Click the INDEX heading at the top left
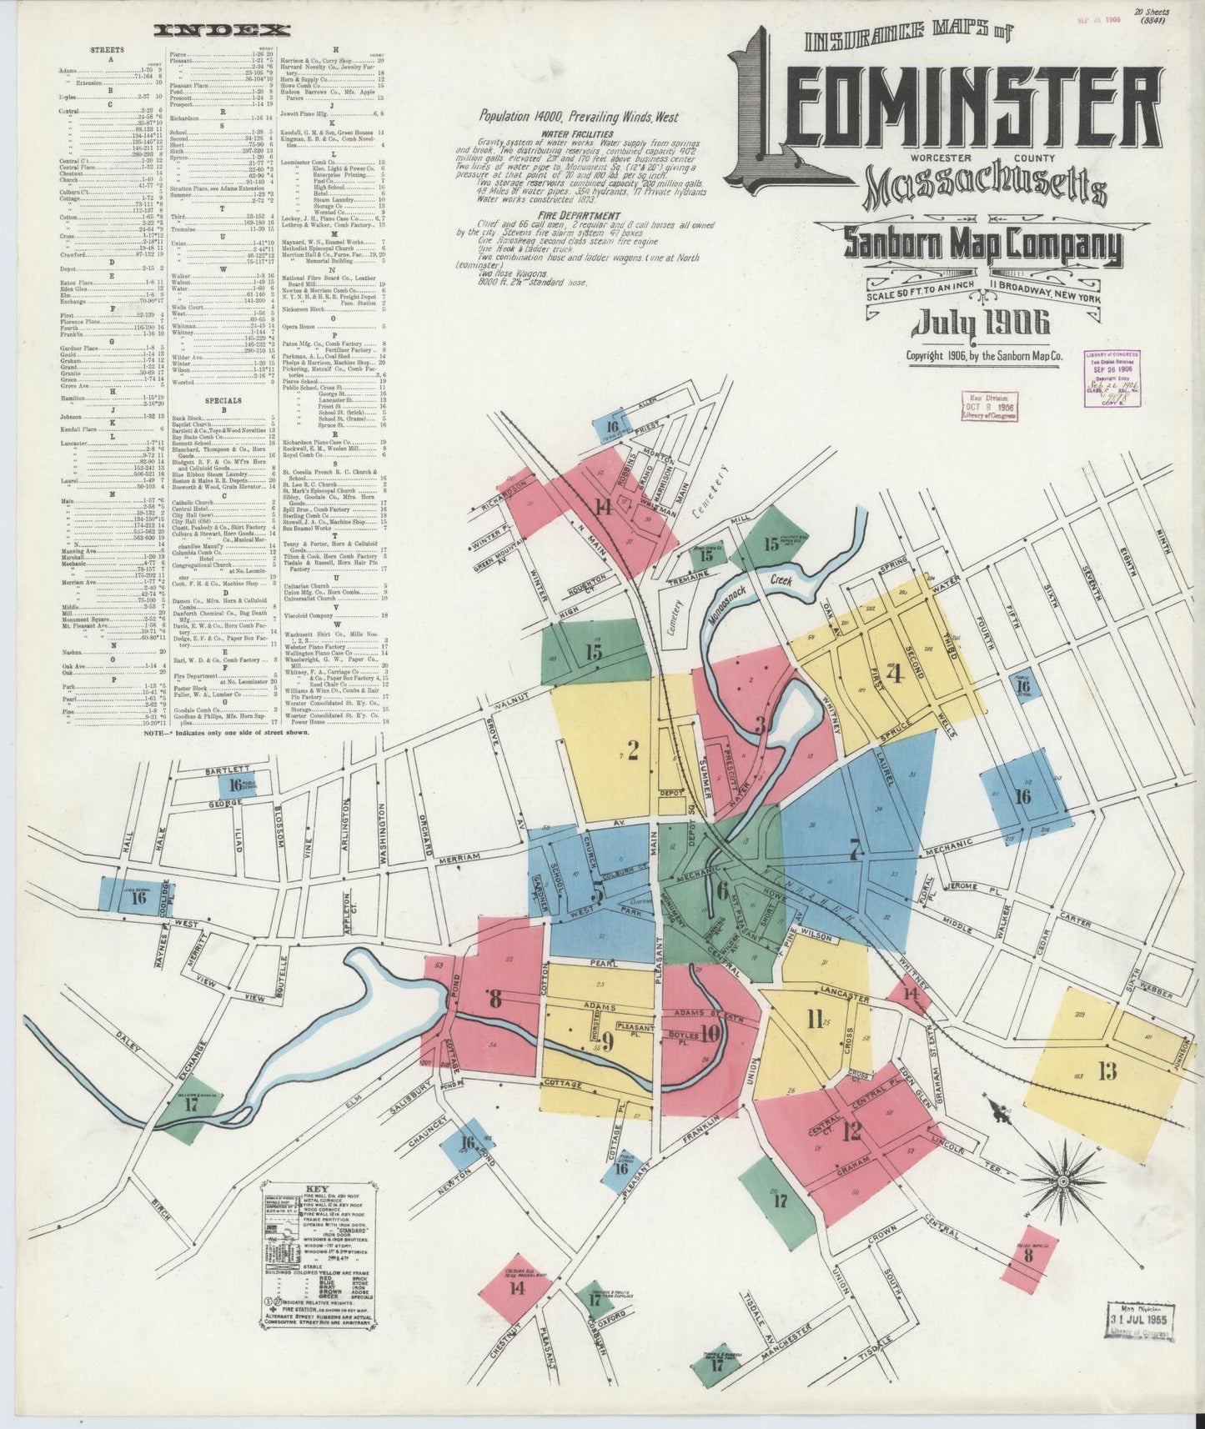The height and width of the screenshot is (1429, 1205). pyautogui.click(x=222, y=31)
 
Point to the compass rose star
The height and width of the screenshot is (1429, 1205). pyautogui.click(x=1064, y=1181)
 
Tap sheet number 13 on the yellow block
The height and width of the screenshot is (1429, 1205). pyautogui.click(x=1107, y=1071)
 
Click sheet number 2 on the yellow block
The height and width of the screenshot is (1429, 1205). pyautogui.click(x=633, y=751)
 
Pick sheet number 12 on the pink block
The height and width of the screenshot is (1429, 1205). pyautogui.click(x=851, y=1131)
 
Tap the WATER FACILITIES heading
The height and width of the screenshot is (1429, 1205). pyautogui.click(x=576, y=133)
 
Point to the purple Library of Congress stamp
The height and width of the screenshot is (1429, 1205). pyautogui.click(x=1112, y=378)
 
